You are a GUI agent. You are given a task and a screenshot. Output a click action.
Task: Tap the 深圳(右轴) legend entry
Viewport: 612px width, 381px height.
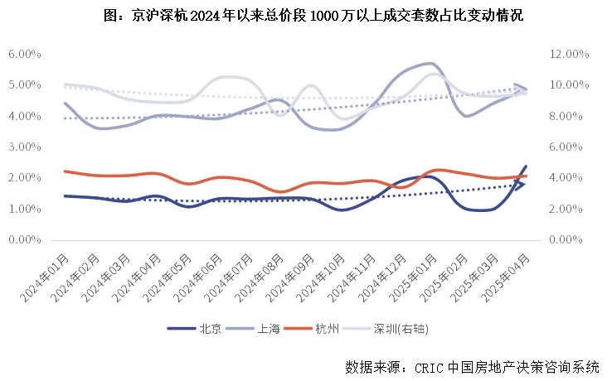[399, 329]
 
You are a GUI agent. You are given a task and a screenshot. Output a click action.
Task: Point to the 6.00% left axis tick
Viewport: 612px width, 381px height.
[25, 54]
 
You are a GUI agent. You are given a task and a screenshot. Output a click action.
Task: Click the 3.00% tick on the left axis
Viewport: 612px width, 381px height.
[25, 147]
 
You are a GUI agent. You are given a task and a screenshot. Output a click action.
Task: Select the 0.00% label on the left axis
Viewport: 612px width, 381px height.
[25, 240]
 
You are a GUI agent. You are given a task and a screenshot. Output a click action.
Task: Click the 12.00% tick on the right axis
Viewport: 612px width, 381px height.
[570, 54]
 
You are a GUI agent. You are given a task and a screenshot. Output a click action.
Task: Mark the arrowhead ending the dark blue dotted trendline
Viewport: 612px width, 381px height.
[520, 184]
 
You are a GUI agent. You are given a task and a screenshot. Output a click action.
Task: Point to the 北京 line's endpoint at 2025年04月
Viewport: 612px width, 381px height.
[526, 166]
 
